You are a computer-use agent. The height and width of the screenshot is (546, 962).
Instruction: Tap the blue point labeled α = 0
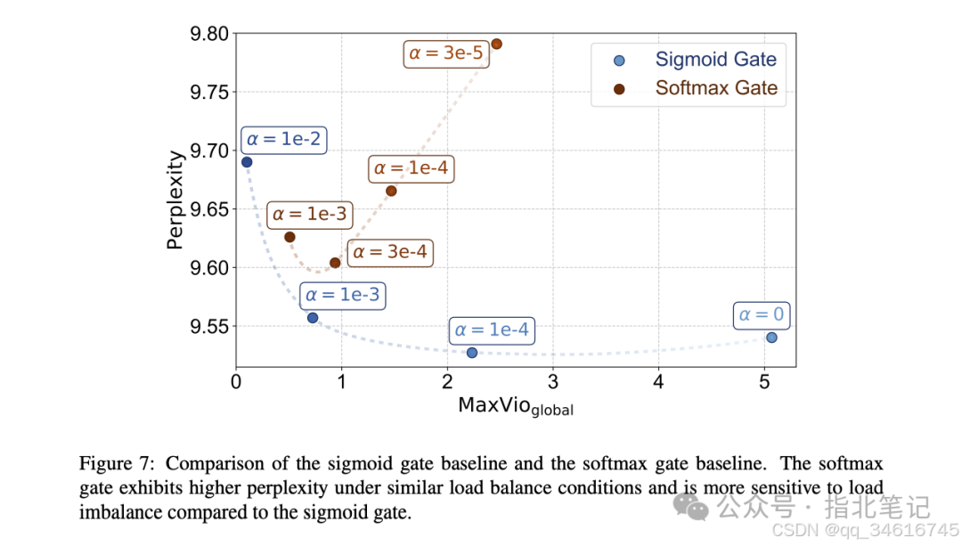click(771, 337)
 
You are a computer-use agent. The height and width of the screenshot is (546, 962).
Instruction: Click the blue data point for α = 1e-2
click(247, 162)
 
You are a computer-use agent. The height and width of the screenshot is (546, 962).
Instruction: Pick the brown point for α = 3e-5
click(496, 44)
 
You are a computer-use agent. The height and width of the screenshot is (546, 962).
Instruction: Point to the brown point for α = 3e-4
click(335, 263)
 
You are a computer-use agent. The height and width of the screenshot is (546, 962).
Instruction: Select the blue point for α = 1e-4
click(472, 353)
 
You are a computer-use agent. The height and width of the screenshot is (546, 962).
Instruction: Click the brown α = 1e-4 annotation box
click(411, 167)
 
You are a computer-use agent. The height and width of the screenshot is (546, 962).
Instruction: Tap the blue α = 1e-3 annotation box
click(343, 295)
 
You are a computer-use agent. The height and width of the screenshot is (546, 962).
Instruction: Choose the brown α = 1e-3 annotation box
click(309, 215)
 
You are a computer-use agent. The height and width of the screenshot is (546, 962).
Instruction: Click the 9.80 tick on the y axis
click(209, 35)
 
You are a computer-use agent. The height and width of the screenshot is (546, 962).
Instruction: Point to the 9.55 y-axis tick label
click(209, 327)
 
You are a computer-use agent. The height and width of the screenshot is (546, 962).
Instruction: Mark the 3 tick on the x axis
click(553, 381)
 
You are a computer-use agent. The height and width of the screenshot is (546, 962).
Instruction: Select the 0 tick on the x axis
click(236, 381)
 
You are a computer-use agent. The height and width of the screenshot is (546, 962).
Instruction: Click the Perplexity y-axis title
click(176, 200)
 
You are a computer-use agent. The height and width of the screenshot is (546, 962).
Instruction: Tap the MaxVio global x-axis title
click(516, 406)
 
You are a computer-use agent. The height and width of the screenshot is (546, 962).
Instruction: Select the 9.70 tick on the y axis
click(209, 151)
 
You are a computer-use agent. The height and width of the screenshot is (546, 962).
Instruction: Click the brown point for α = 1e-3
click(289, 237)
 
